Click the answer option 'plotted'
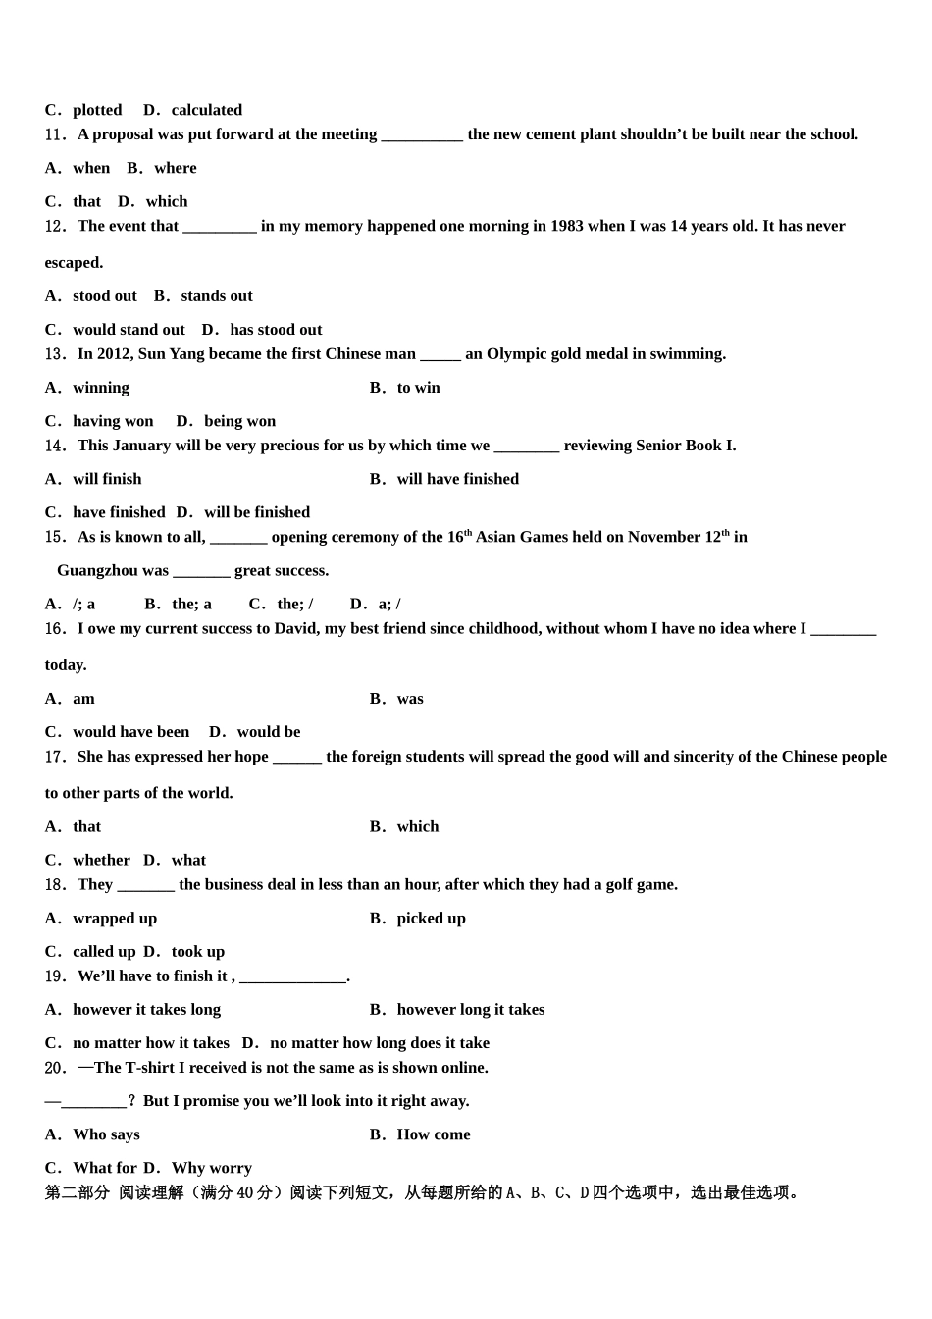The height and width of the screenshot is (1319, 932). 96,110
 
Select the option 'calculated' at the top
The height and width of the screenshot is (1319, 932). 206,110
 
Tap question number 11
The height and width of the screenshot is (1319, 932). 55,134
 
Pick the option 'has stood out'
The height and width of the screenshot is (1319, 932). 276,330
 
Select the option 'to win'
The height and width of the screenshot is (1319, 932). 418,388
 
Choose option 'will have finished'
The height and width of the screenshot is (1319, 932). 457,479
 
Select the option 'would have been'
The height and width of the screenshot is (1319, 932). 130,732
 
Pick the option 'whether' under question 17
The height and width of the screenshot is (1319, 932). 101,861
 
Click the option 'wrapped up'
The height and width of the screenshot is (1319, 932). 114,919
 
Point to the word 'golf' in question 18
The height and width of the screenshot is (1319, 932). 606,885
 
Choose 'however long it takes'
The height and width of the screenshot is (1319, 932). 470,1010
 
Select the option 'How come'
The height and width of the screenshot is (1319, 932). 433,1134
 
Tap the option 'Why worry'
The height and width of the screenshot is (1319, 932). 211,1168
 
